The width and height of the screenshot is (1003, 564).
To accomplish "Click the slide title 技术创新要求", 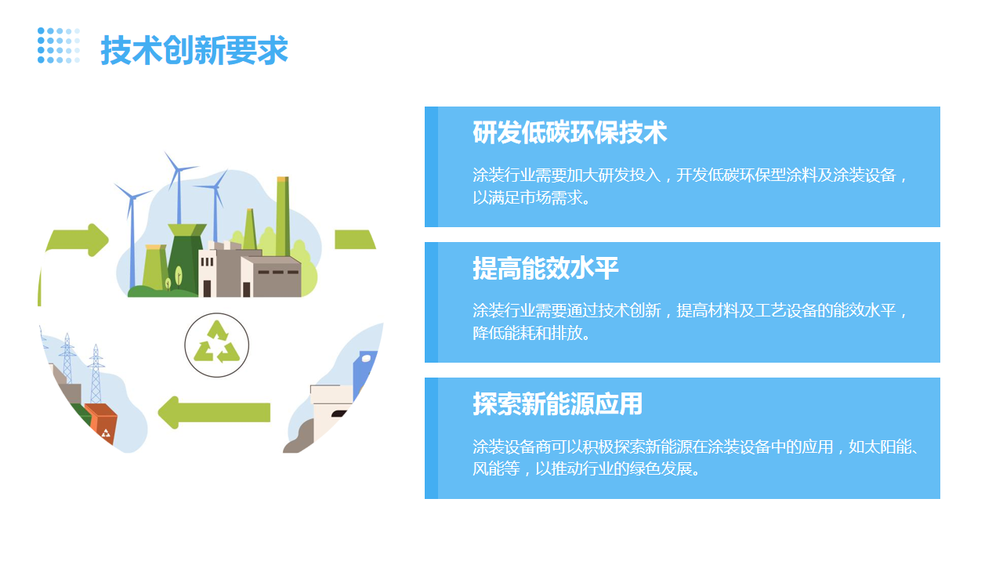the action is point(194,50).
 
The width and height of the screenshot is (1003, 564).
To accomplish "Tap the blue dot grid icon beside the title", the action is point(59,45).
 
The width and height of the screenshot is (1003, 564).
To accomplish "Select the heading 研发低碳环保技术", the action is point(570,132).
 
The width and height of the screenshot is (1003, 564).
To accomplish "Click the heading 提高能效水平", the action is point(545,268).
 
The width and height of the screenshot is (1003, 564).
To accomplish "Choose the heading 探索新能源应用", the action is point(557,403).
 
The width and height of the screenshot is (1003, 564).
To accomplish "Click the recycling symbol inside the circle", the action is point(217,342).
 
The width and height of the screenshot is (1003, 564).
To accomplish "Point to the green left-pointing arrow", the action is point(214,412).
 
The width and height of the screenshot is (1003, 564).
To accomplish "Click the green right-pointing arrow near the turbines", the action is point(78,240).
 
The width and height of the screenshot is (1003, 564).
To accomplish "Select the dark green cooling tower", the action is point(183,258).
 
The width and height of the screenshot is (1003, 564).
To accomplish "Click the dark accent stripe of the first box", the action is point(431,167).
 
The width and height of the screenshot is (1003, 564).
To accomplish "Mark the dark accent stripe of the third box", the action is point(431,438).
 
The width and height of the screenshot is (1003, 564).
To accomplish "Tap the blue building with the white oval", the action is point(364,374).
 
